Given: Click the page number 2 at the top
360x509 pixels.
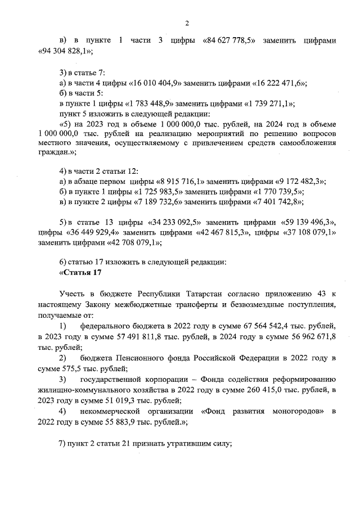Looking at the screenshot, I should (187, 23).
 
